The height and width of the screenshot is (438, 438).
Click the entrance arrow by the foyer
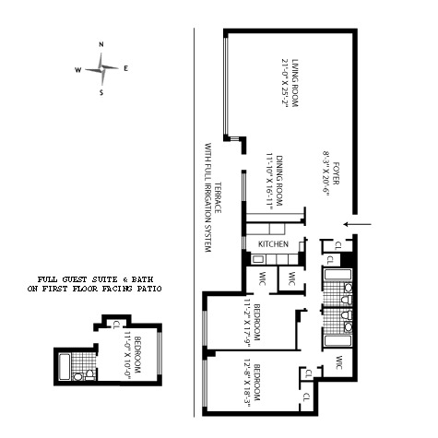click(x=358, y=224)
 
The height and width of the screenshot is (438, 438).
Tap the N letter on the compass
click(x=101, y=44)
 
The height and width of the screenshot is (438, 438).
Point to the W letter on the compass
click(x=78, y=70)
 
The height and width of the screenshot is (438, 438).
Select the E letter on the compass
click(x=125, y=69)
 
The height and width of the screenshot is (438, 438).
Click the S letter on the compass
click(x=101, y=92)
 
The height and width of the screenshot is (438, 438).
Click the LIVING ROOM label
click(x=295, y=83)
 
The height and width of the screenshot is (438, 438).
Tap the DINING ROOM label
click(x=279, y=181)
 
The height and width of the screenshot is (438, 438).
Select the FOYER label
click(x=336, y=173)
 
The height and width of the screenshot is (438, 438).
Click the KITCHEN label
click(x=273, y=244)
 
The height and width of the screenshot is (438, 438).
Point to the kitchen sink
click(x=257, y=259)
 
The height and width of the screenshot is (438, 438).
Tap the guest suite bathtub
click(x=65, y=367)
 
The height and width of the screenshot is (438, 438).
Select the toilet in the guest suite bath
click(x=89, y=375)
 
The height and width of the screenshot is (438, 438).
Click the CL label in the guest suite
click(x=117, y=325)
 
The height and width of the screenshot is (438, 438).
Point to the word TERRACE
click(x=218, y=197)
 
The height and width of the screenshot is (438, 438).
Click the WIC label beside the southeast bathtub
click(x=339, y=362)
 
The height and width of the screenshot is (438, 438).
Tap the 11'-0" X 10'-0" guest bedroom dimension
click(x=127, y=355)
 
